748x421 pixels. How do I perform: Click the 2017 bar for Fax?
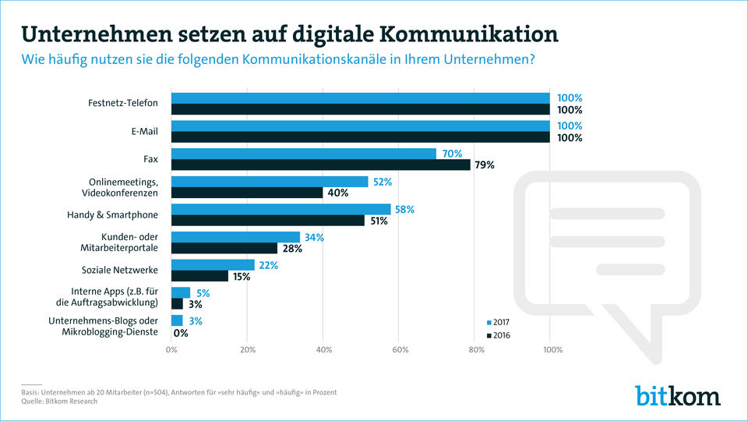click(x=304, y=154)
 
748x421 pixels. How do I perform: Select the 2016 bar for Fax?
click(x=321, y=165)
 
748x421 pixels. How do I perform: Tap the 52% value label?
click(x=383, y=182)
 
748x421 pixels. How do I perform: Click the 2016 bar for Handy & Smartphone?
click(x=268, y=221)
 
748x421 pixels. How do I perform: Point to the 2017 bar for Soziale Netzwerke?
click(x=213, y=265)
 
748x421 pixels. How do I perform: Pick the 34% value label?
click(x=314, y=237)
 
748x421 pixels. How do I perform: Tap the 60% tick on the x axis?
click(x=399, y=349)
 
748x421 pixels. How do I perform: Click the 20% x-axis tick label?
click(x=247, y=349)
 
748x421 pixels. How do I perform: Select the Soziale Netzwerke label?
click(x=120, y=271)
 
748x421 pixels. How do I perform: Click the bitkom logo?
click(x=677, y=394)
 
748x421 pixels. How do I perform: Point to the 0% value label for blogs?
click(x=180, y=333)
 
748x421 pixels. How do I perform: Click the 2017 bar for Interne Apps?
click(x=181, y=292)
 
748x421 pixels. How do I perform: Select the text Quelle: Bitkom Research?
click(x=59, y=402)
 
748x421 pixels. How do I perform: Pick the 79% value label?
click(x=484, y=165)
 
